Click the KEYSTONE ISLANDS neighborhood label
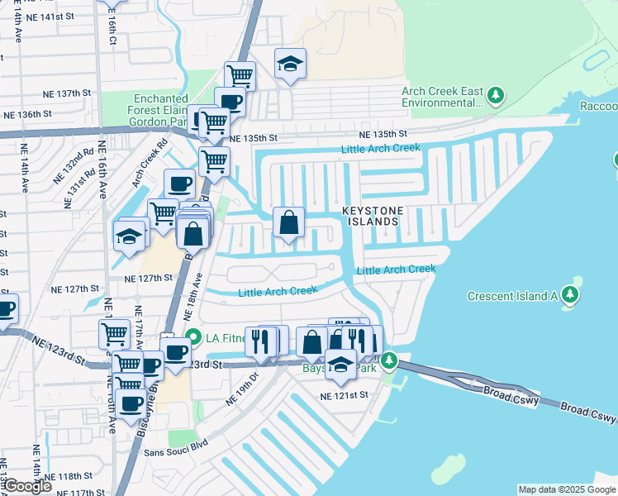[x=371, y=217]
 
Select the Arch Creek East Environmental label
[x=441, y=98]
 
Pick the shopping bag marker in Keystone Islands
[x=288, y=223]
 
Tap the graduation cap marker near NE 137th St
[x=291, y=64]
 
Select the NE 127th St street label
[x=72, y=289]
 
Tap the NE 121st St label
[x=343, y=396]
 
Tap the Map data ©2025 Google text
[x=567, y=489]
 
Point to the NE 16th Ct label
[x=113, y=29]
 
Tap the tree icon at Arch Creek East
[x=496, y=96]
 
